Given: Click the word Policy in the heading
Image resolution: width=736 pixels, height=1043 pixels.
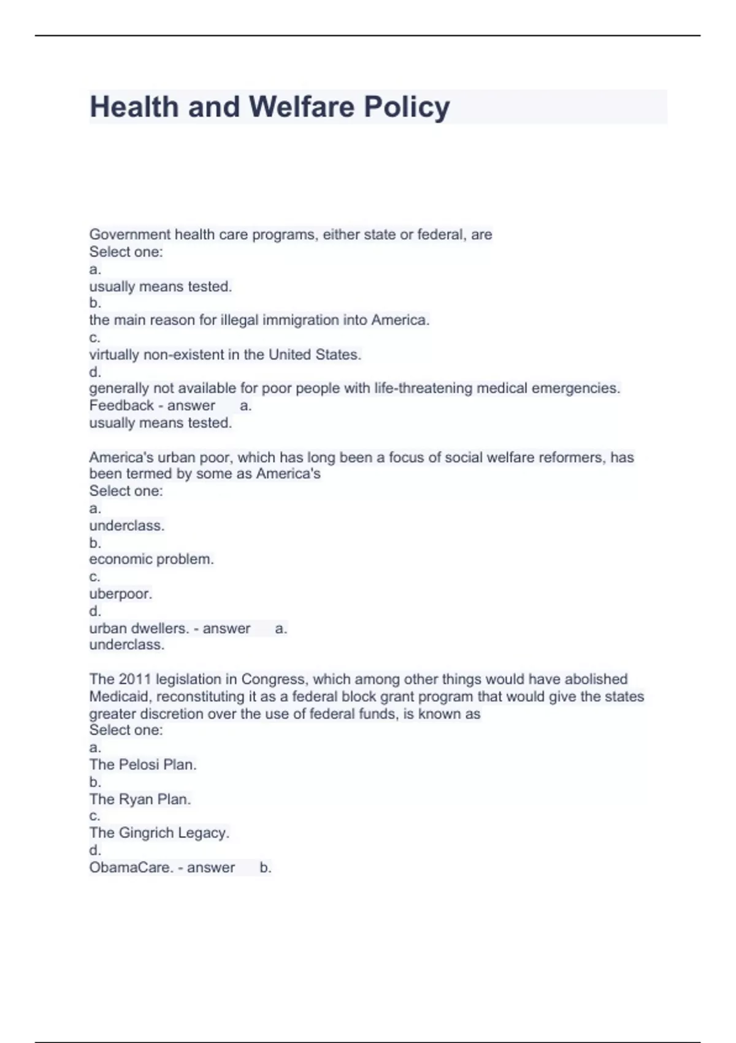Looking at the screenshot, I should coord(407,107).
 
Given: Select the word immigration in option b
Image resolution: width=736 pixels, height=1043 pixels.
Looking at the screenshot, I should coord(299,320).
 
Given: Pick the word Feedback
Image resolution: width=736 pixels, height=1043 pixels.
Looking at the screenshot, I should coord(121,406).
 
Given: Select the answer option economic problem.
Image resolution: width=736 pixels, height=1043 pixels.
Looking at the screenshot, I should coord(151,560).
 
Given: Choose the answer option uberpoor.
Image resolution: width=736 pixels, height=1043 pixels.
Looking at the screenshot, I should coord(120,594).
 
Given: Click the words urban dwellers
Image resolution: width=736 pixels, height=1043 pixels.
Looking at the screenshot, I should coord(139,628).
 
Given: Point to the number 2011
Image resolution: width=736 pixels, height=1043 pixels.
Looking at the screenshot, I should coord(135,679).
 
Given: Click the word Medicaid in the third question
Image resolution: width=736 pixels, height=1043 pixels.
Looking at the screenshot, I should coord(120,696).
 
